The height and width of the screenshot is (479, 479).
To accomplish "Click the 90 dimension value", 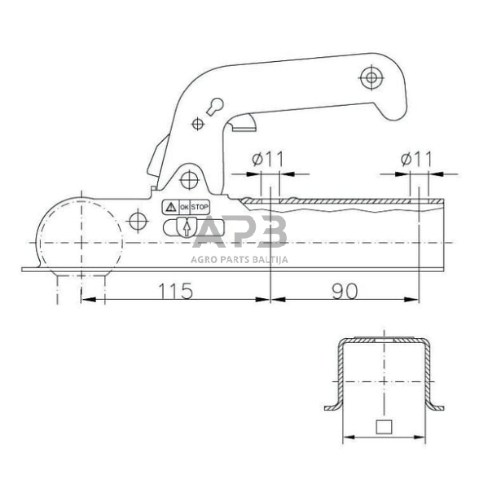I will tap(345, 291).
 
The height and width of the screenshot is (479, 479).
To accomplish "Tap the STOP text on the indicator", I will tap(200, 208).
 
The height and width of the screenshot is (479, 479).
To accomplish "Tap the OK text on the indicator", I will tap(184, 208).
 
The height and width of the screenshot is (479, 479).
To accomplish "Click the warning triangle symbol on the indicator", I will tap(171, 208).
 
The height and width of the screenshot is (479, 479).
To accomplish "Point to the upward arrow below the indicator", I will tap(187, 229).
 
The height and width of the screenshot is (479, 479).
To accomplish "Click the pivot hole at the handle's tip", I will tap(371, 77).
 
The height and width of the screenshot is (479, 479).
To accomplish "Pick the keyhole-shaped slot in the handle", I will tap(215, 106).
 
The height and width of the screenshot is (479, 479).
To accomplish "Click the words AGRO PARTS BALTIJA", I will tap(240, 260).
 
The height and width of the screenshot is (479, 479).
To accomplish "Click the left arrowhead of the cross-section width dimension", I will tap(345, 437).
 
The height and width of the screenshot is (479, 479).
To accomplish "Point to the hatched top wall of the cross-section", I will tap(382, 340).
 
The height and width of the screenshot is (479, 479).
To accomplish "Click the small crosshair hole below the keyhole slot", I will tap(197, 124).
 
